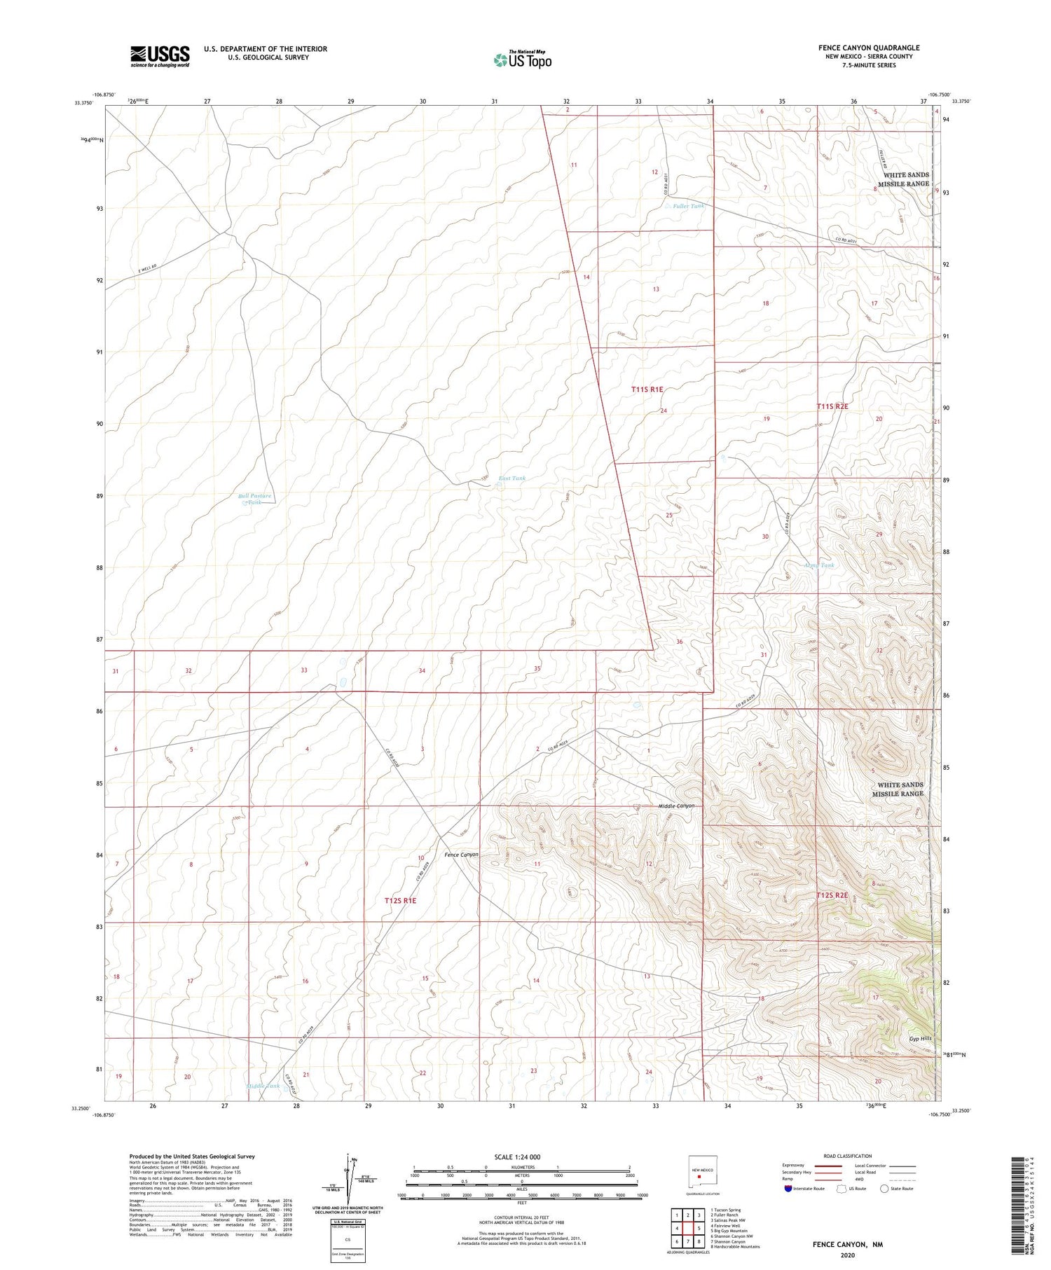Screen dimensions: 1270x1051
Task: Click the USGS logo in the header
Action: pyautogui.click(x=160, y=56)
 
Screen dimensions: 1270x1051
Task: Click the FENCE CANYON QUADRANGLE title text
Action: pyautogui.click(x=869, y=48)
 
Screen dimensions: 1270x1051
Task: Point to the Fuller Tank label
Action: pyautogui.click(x=688, y=206)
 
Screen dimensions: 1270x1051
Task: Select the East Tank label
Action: pyautogui.click(x=511, y=478)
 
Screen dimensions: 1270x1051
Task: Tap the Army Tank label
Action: pyautogui.click(x=818, y=565)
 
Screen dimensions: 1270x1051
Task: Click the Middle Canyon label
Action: pyautogui.click(x=676, y=806)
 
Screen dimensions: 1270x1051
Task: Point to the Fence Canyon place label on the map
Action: pyautogui.click(x=461, y=855)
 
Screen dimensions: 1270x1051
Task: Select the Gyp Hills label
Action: pyautogui.click(x=921, y=1038)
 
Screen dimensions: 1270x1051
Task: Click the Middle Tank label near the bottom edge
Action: pyautogui.click(x=263, y=1086)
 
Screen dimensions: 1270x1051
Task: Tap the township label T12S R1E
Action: pyautogui.click(x=400, y=900)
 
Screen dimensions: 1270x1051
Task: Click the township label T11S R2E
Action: pyautogui.click(x=832, y=406)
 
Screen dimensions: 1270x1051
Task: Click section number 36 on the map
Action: pyautogui.click(x=679, y=642)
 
